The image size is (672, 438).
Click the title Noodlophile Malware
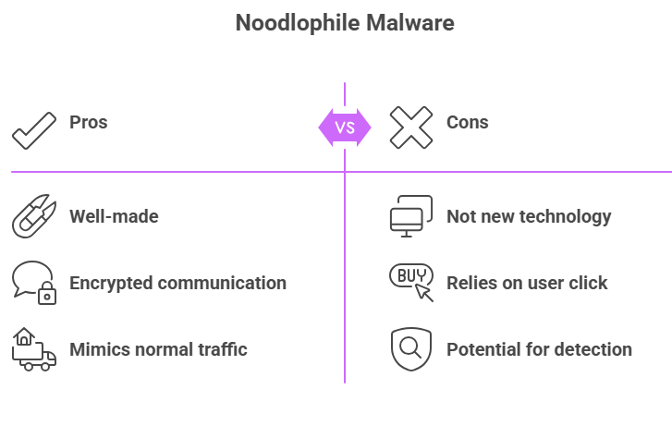tap(345, 23)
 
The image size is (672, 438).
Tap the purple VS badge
tap(345, 128)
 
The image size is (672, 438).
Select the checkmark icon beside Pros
tap(34, 128)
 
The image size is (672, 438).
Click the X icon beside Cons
tap(410, 128)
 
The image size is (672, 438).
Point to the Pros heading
tap(89, 122)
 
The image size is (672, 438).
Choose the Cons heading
tap(468, 122)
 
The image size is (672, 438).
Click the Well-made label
tap(114, 216)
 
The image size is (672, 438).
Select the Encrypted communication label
tap(177, 283)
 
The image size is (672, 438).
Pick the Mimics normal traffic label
tap(158, 349)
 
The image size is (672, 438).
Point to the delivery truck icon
tap(33, 350)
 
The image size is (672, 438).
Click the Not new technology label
tap(529, 216)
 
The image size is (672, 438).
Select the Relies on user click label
tap(527, 283)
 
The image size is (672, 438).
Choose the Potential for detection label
tap(539, 349)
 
